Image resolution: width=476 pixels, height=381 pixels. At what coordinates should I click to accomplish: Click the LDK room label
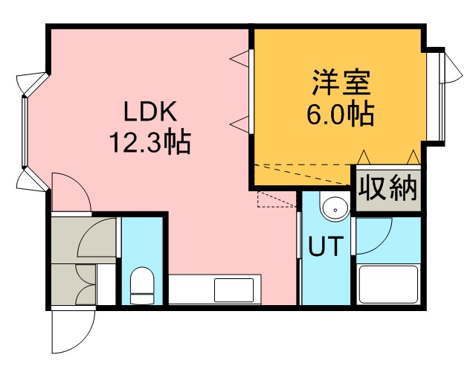coord(150,112)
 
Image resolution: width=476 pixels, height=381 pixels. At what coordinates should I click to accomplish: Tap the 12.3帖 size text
coord(150,142)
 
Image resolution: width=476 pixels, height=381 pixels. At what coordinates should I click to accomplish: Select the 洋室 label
coord(341,83)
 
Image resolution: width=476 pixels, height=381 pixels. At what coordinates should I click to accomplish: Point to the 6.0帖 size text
coord(341,115)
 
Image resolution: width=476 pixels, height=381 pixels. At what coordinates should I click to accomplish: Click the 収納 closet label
coord(388,188)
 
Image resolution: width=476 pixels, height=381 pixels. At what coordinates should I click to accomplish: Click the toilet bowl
coord(142,285)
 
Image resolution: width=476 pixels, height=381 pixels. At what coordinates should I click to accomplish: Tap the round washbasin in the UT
coord(335,208)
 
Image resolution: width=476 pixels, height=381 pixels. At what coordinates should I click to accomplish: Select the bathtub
coord(388,284)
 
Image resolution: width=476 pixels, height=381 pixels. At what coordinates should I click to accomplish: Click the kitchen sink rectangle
coord(234,290)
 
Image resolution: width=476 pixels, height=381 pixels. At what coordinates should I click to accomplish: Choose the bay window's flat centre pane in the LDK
coord(25,132)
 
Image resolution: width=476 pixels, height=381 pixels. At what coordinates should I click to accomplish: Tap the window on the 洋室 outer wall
coord(442,97)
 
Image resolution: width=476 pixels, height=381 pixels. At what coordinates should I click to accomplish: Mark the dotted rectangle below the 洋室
coord(276,199)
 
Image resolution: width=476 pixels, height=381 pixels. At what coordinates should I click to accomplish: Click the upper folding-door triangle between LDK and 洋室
coord(239,58)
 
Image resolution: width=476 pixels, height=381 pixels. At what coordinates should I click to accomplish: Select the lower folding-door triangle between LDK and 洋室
coord(239,124)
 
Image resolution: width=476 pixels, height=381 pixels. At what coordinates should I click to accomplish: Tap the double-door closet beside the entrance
coord(74,284)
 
